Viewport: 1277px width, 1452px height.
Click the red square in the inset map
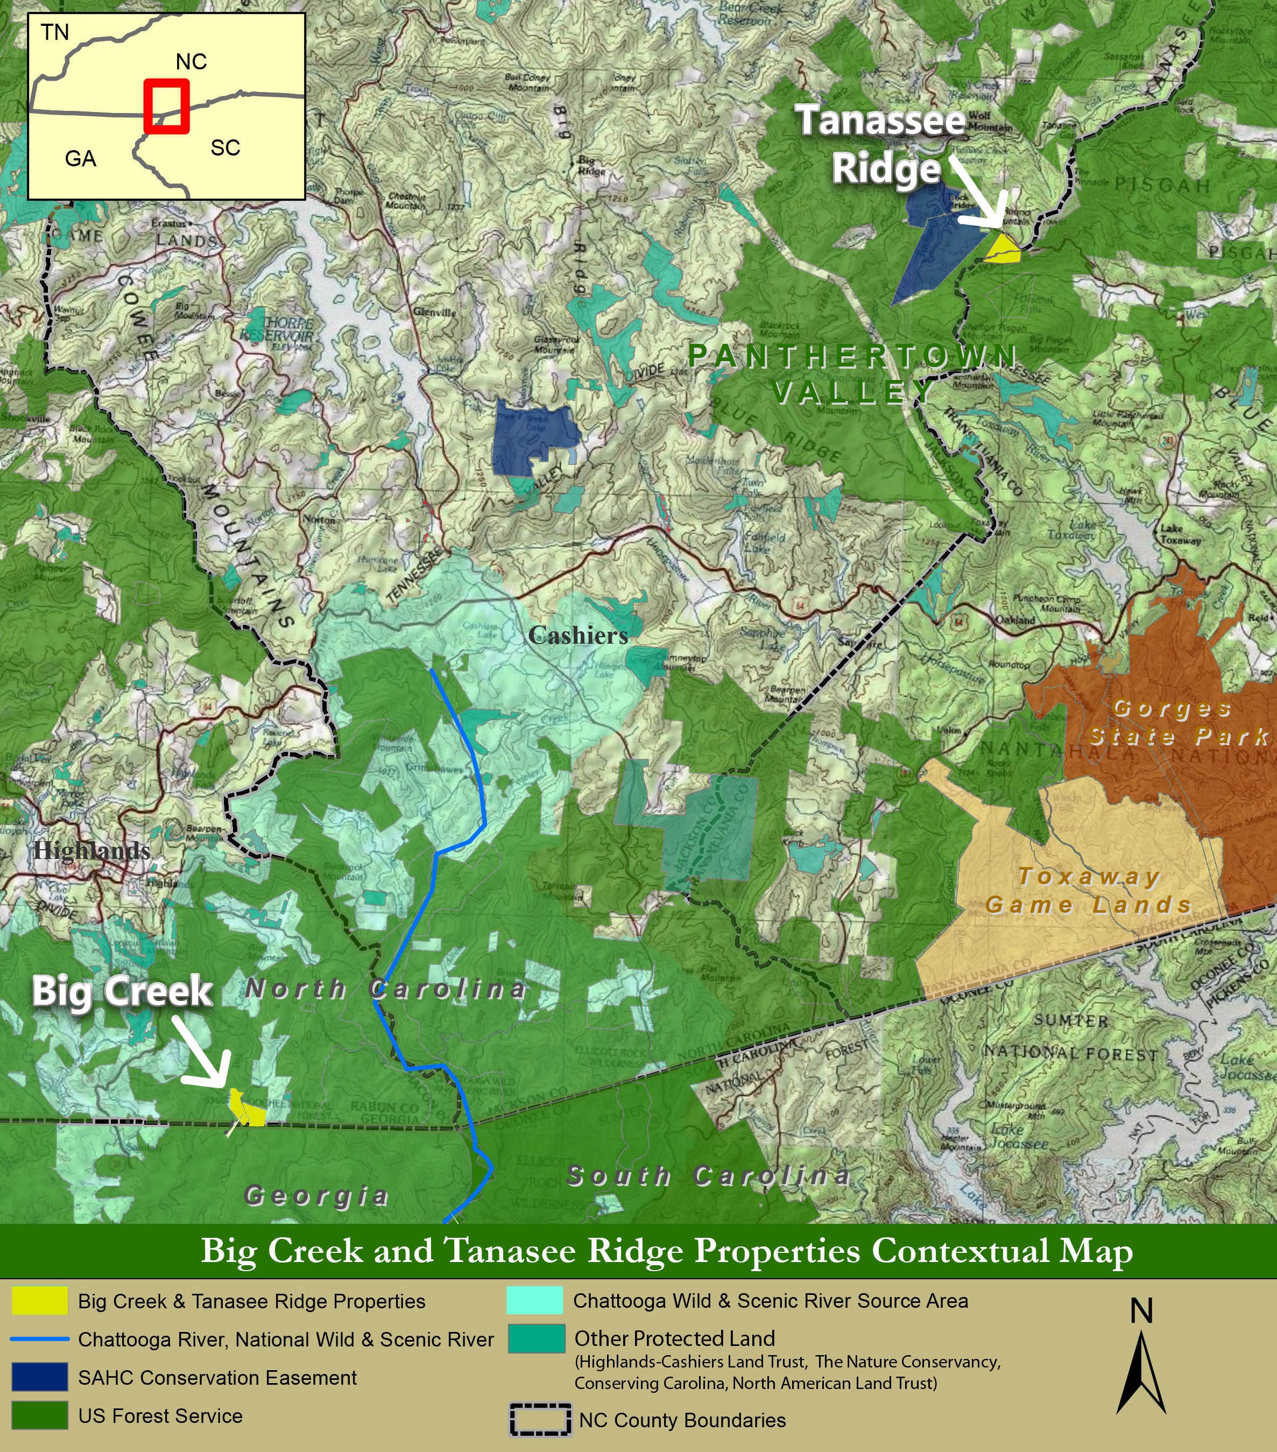click(x=166, y=107)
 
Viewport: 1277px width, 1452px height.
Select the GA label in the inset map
click(x=80, y=158)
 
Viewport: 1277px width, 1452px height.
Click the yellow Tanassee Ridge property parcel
click(x=1004, y=249)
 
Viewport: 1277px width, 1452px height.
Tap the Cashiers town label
click(x=577, y=635)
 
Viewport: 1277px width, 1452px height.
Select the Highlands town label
click(x=91, y=850)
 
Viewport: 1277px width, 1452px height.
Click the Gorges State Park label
click(x=1179, y=722)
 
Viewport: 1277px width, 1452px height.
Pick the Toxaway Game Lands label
click(x=1089, y=891)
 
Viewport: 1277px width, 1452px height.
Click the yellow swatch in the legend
click(x=40, y=1301)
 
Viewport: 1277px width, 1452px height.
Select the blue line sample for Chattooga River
click(x=40, y=1339)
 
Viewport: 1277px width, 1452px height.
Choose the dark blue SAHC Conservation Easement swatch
click(x=40, y=1377)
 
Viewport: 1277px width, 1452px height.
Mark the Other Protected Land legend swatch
click(x=536, y=1338)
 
